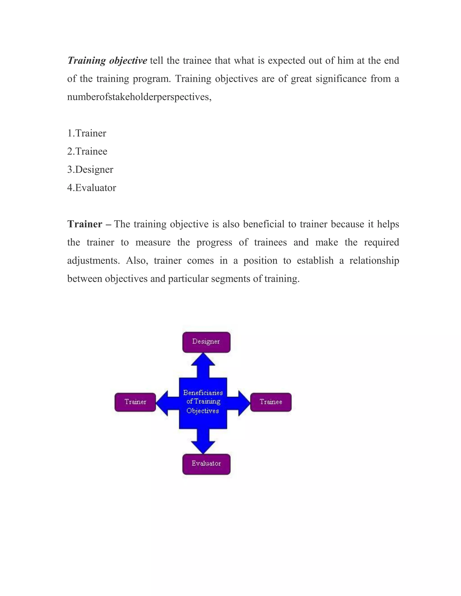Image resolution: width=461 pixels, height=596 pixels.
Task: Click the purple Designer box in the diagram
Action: pyautogui.click(x=206, y=342)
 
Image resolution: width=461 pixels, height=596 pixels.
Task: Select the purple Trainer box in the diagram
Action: pyautogui.click(x=135, y=402)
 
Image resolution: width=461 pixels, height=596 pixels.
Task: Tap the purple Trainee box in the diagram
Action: pyautogui.click(x=271, y=402)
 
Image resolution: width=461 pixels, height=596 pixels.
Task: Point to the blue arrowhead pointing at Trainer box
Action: pyautogui.click(x=163, y=403)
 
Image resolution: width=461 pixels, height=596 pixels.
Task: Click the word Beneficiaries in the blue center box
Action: pyautogui.click(x=203, y=393)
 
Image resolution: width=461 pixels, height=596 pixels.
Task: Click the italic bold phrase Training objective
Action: pyautogui.click(x=107, y=60)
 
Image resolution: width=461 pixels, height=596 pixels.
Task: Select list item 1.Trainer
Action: pyautogui.click(x=87, y=133)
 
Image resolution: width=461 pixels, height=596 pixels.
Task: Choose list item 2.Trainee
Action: pyautogui.click(x=87, y=151)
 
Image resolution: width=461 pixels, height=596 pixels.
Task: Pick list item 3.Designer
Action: pyautogui.click(x=90, y=170)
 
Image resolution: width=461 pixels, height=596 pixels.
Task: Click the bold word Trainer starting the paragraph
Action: pyautogui.click(x=85, y=224)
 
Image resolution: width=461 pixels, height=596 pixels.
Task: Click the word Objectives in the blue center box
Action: pyautogui.click(x=203, y=411)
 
